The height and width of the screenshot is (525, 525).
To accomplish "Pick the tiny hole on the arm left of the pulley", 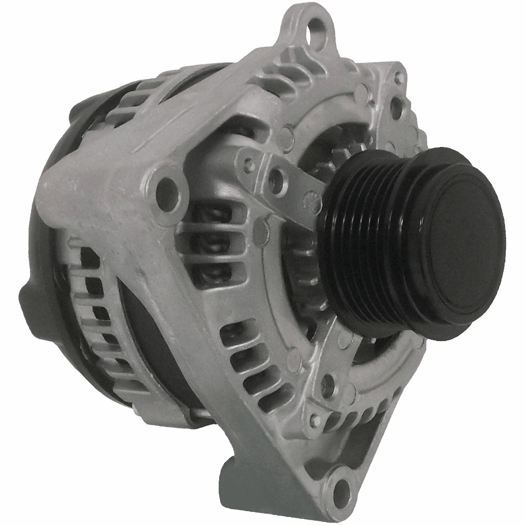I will click(x=249, y=162).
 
